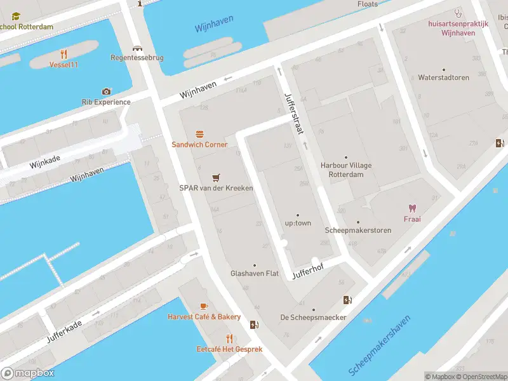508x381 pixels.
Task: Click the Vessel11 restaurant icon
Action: (x=63, y=54)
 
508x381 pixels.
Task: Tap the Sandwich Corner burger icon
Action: (x=199, y=134)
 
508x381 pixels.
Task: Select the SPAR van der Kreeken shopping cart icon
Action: (x=217, y=177)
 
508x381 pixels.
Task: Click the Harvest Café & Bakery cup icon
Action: (x=204, y=306)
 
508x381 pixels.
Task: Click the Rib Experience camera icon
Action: (x=106, y=91)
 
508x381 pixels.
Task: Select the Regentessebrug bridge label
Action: (x=137, y=58)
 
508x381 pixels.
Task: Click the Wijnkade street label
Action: (x=44, y=163)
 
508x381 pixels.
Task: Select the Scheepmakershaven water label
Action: (x=380, y=345)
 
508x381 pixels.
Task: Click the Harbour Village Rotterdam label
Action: (x=346, y=170)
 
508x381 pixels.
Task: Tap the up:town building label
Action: (x=298, y=224)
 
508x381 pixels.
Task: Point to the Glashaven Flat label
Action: (x=255, y=274)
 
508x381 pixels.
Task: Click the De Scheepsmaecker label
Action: (x=313, y=317)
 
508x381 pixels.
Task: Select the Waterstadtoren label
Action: (x=443, y=77)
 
